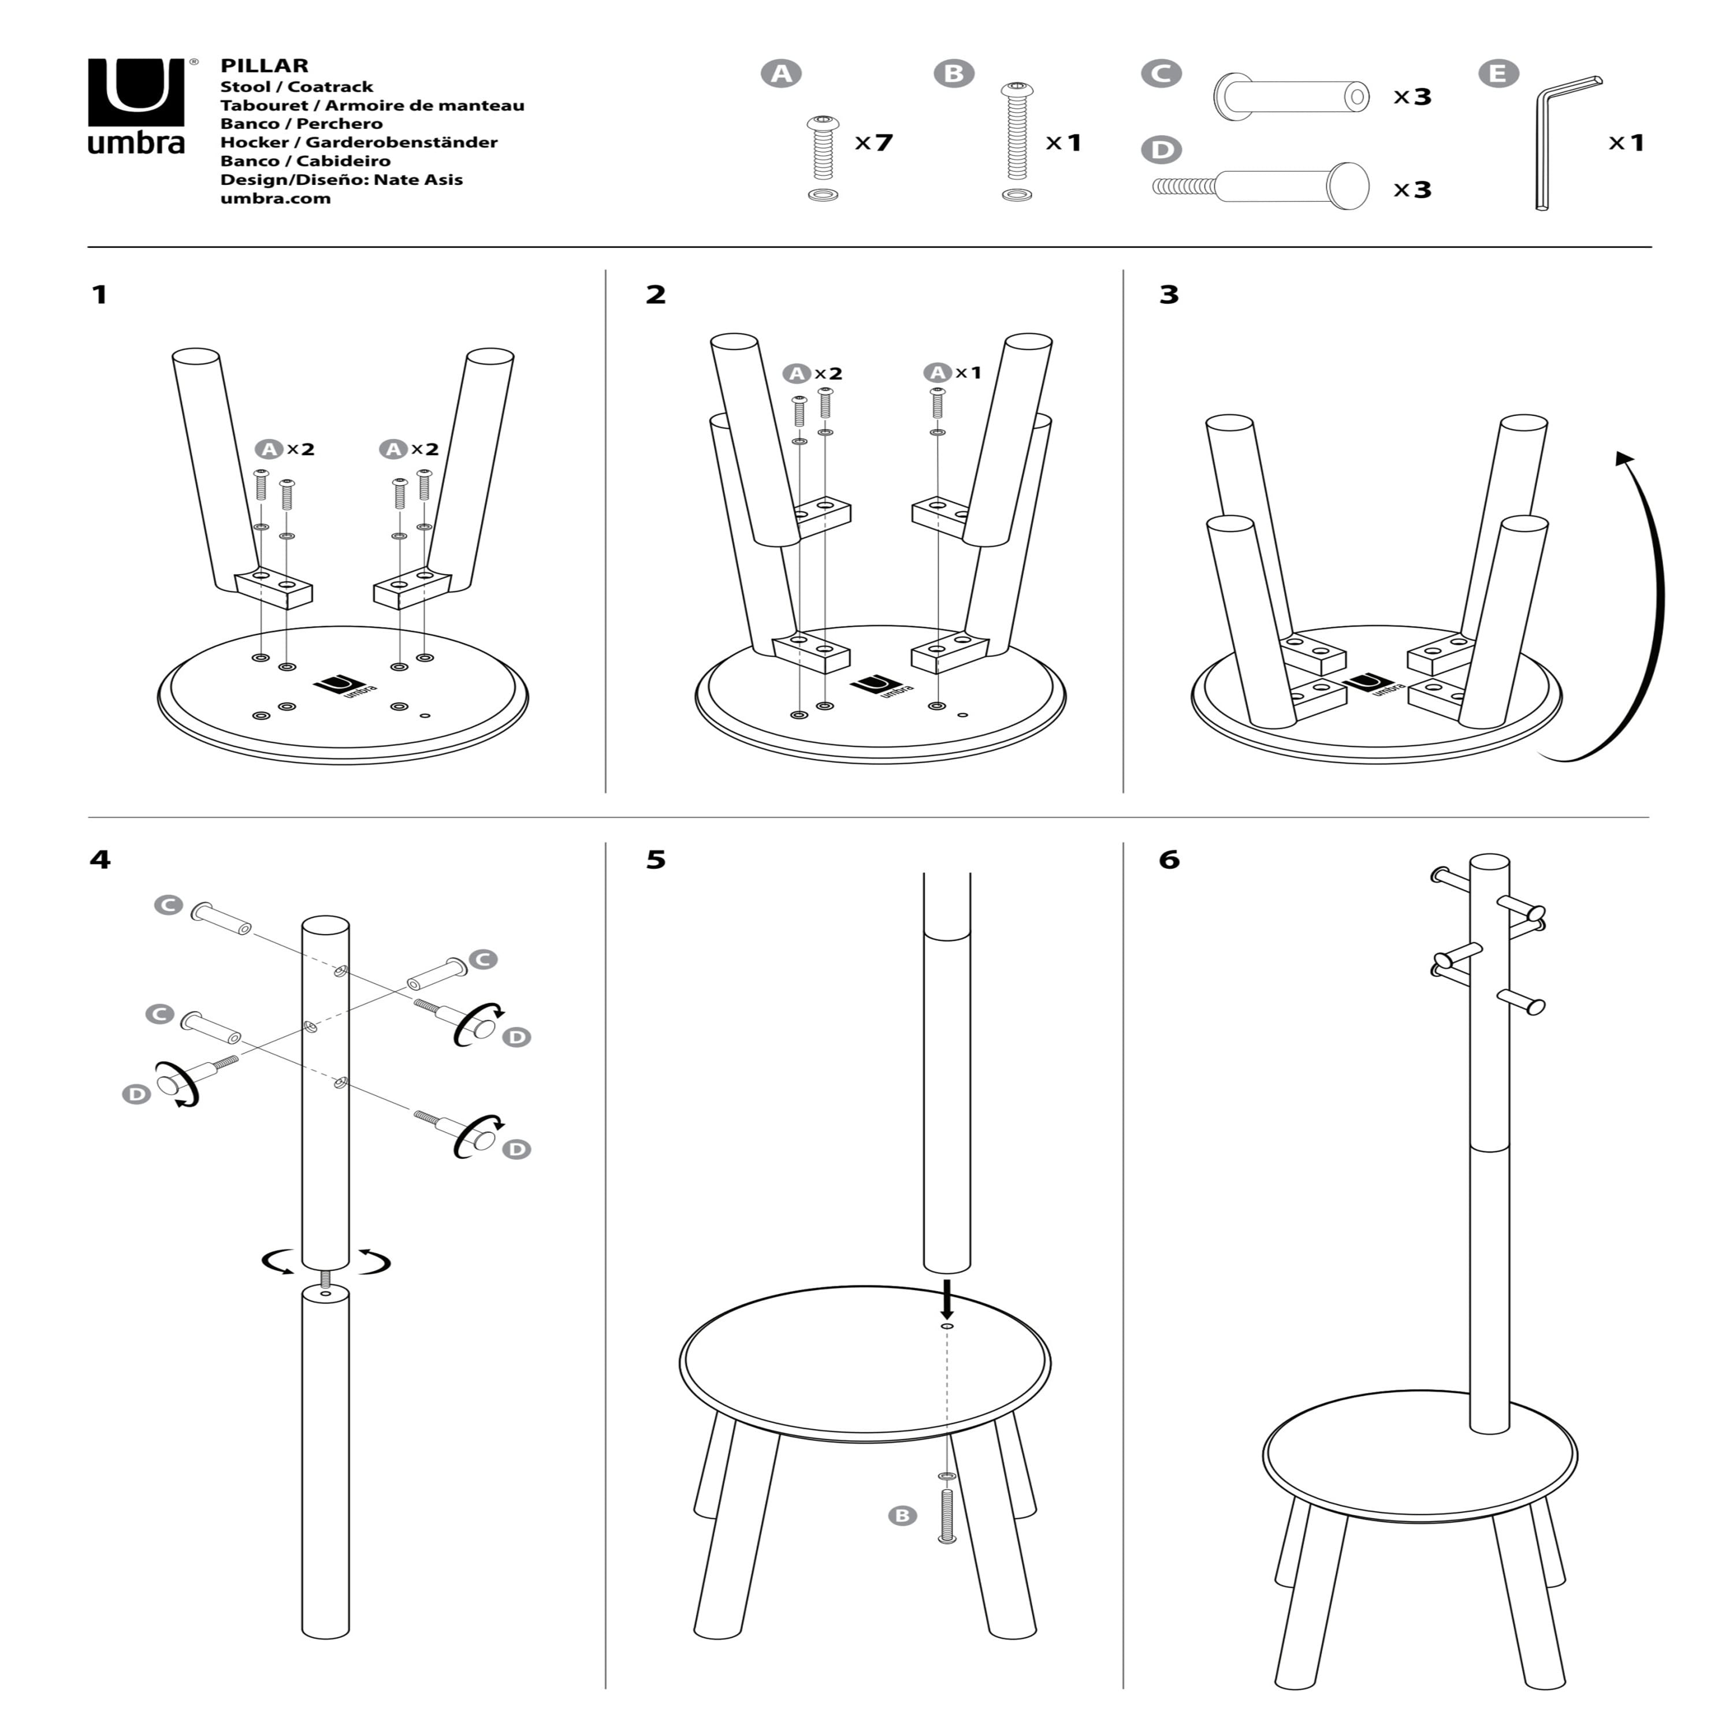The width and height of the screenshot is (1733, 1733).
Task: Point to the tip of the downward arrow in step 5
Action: (946, 1319)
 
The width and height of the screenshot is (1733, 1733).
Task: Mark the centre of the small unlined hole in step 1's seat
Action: (425, 716)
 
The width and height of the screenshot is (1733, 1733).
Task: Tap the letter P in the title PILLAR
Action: (227, 65)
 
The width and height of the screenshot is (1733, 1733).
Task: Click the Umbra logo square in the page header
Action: (136, 92)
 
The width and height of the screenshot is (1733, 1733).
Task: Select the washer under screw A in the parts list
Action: (823, 195)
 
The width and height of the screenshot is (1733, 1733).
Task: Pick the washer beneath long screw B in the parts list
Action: (1016, 195)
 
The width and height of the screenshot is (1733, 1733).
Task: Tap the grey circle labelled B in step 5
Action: (902, 1516)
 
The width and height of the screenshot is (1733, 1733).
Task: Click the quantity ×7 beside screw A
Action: (873, 143)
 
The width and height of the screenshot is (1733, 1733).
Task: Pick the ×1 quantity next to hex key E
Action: (1626, 143)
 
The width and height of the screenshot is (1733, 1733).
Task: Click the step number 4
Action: (99, 860)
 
